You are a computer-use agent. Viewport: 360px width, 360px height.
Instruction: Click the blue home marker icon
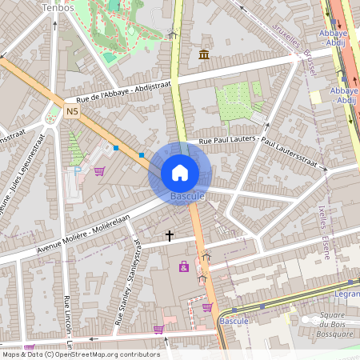click(x=180, y=172)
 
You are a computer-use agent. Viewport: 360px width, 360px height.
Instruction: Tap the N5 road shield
click(x=73, y=110)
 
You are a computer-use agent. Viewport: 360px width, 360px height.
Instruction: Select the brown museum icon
click(x=204, y=54)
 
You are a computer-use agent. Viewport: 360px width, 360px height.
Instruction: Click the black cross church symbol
click(x=169, y=235)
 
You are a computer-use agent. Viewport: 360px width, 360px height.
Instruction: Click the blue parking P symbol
click(x=78, y=170)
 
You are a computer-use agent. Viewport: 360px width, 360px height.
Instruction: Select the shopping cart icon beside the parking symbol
click(x=99, y=170)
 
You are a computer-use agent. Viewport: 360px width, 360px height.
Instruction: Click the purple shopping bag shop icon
click(x=185, y=266)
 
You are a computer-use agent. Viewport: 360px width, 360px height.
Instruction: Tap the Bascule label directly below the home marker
click(x=188, y=196)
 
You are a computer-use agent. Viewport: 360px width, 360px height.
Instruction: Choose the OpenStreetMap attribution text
click(x=80, y=354)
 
